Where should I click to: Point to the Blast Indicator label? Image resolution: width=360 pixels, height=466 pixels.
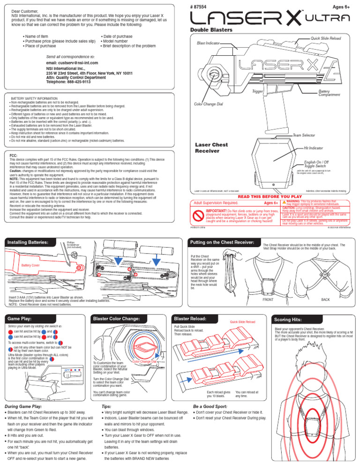(x=208, y=43)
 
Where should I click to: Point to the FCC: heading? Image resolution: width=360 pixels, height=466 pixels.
(x=14, y=154)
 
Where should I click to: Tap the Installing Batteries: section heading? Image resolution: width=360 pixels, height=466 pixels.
(x=29, y=242)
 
